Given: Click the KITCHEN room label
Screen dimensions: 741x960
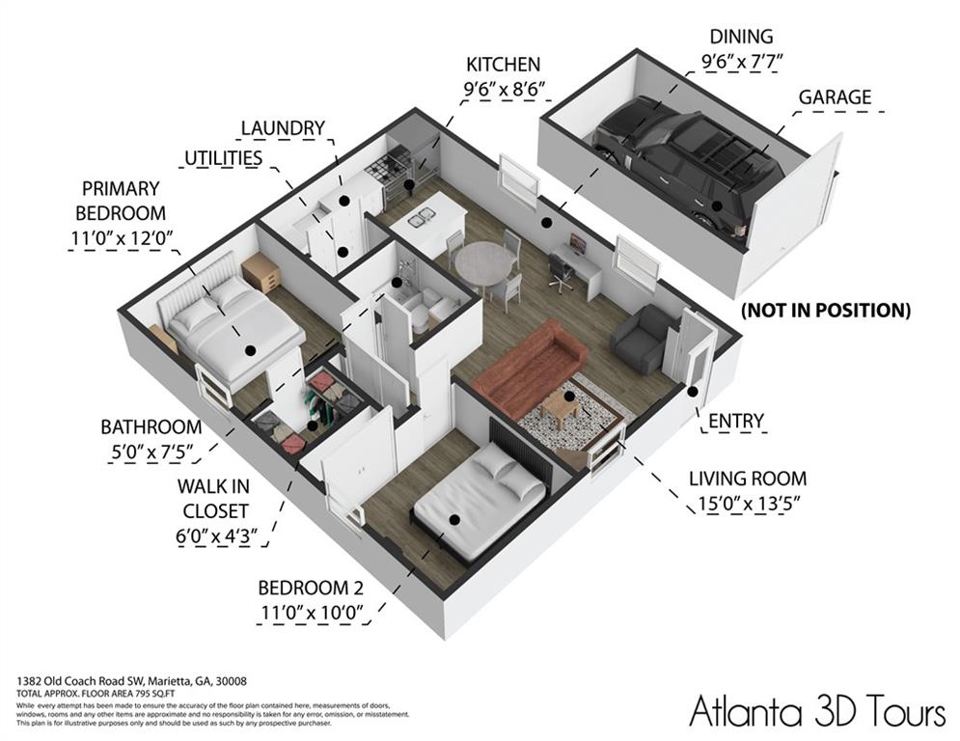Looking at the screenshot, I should pyautogui.click(x=503, y=66).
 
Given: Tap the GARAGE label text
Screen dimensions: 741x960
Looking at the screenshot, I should pyautogui.click(x=834, y=97).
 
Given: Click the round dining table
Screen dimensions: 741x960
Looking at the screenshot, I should pyautogui.click(x=484, y=261).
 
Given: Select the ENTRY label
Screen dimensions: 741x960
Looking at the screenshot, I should pyautogui.click(x=735, y=422).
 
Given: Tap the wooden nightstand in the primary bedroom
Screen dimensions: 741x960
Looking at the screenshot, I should pyautogui.click(x=261, y=272).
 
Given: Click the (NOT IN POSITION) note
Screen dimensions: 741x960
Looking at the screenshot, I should pyautogui.click(x=825, y=311).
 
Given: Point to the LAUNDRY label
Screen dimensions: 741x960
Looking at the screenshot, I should pyautogui.click(x=282, y=128).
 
